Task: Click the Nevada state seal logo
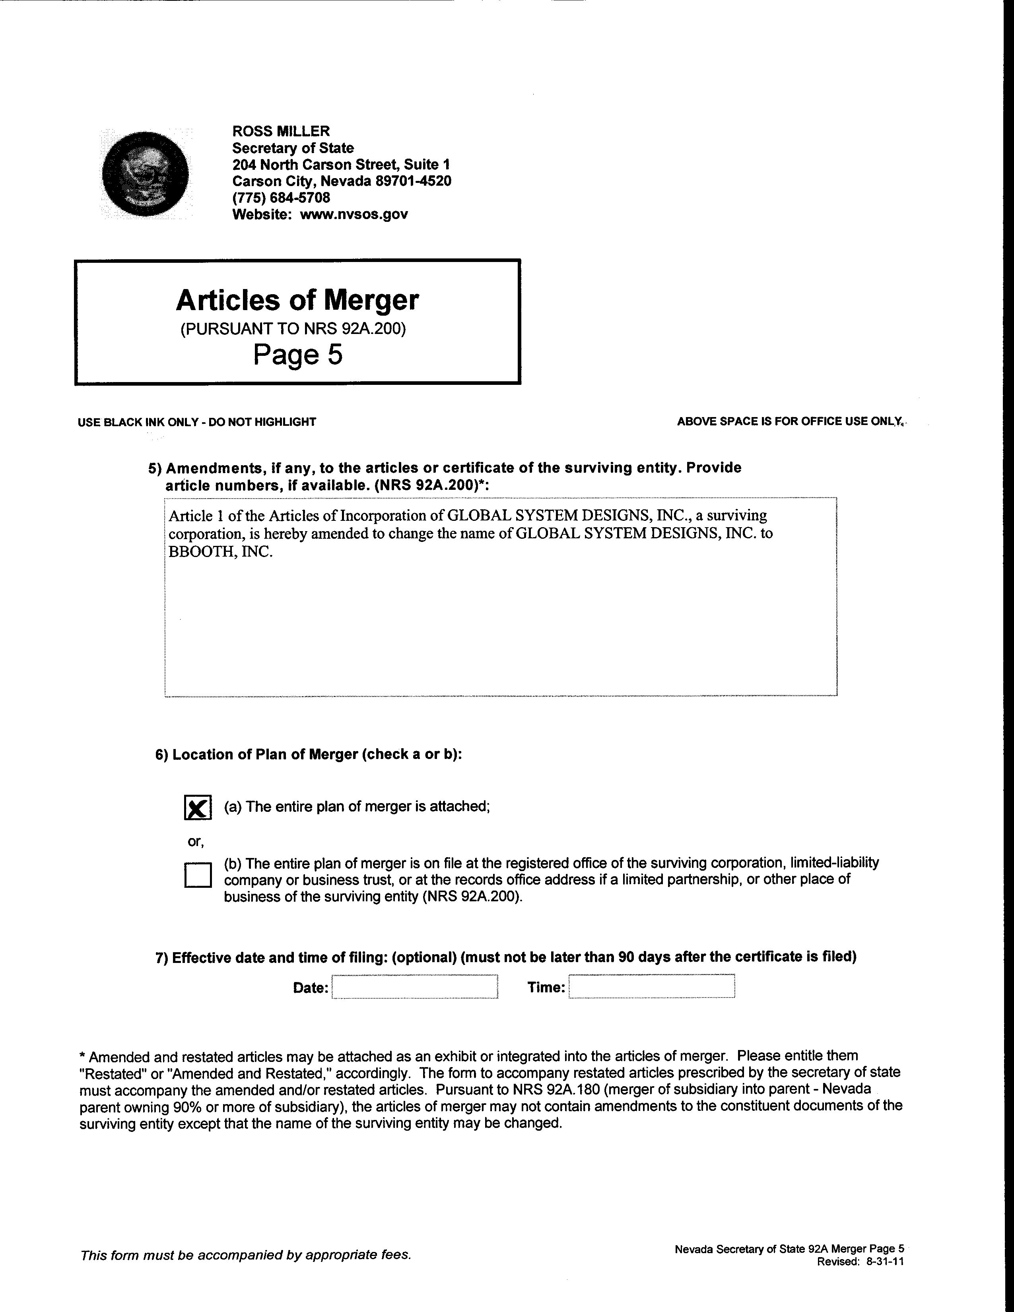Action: (x=146, y=174)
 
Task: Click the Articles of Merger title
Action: (x=297, y=300)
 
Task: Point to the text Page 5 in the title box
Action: (x=297, y=354)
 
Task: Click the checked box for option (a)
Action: (x=198, y=807)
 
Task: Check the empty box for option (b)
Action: (x=198, y=875)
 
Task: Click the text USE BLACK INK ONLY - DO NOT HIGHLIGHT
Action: (x=196, y=422)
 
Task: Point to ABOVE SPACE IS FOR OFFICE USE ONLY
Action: (x=790, y=422)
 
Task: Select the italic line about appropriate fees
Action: (x=246, y=1255)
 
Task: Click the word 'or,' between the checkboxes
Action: (x=196, y=842)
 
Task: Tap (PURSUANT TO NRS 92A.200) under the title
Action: (x=293, y=329)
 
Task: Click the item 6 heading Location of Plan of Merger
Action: (x=309, y=755)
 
